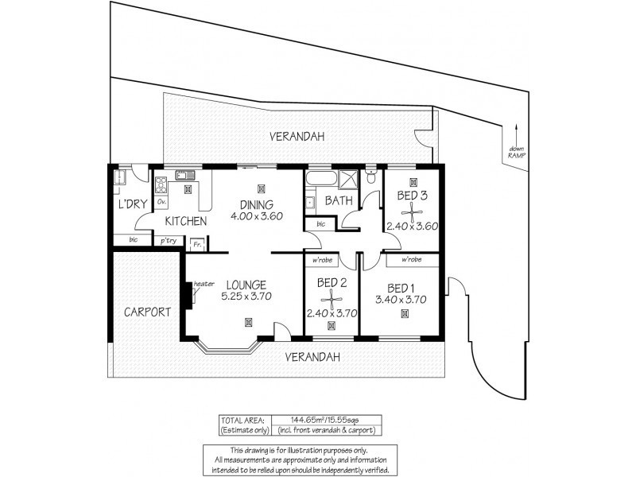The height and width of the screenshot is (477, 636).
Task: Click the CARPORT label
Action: click(147, 312)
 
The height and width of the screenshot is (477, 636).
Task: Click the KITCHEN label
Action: click(186, 221)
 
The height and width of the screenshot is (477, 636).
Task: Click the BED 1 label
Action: click(402, 287)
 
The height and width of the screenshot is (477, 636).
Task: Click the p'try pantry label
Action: click(168, 241)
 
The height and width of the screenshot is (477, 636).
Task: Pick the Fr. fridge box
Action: click(196, 245)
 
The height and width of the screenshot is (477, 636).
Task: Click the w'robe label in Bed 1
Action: click(411, 260)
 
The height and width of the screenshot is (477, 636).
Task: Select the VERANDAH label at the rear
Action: click(296, 136)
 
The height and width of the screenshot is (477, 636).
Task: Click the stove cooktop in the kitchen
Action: click(161, 185)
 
